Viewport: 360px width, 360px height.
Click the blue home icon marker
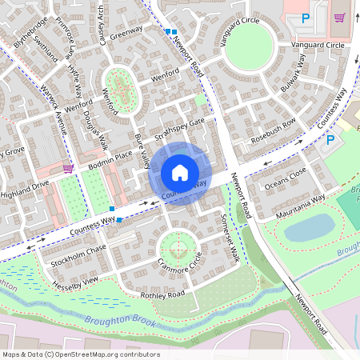pyautogui.click(x=180, y=173)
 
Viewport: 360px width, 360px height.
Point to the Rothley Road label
pyautogui.click(x=162, y=294)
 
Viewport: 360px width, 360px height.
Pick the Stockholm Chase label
pyautogui.click(x=78, y=254)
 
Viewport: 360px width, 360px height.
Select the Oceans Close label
pyautogui.click(x=286, y=178)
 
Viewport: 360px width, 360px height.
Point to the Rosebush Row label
pyautogui.click(x=274, y=126)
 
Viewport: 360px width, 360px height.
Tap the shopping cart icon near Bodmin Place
pyautogui.click(x=68, y=169)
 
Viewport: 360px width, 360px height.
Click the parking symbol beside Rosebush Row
pyautogui.click(x=330, y=140)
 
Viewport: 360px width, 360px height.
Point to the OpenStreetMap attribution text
pyautogui.click(x=81, y=354)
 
